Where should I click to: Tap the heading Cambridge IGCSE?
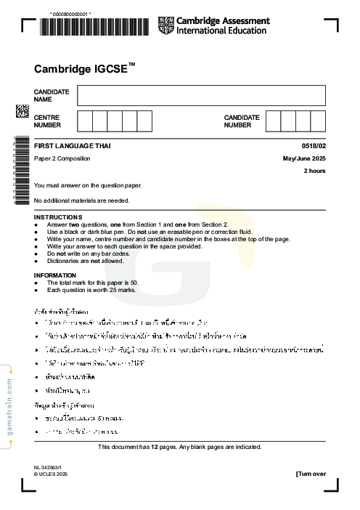[84, 70]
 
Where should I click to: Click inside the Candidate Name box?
[201, 95]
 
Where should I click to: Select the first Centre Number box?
[85, 121]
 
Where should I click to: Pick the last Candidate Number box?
[318, 121]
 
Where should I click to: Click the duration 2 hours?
[314, 171]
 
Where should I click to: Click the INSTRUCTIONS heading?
[58, 217]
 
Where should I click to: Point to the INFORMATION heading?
[55, 275]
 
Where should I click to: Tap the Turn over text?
[311, 474]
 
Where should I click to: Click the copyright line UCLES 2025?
[49, 474]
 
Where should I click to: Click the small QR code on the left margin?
[22, 111]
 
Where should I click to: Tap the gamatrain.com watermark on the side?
[9, 407]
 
